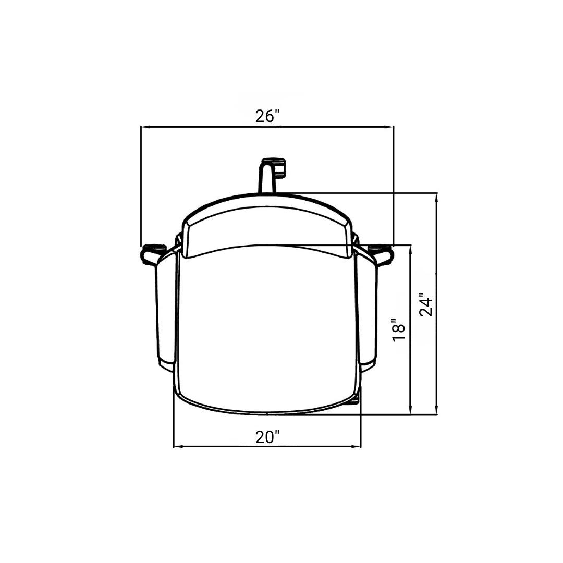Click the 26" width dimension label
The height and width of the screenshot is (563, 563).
[x=267, y=116]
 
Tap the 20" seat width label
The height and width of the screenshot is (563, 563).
[x=267, y=437]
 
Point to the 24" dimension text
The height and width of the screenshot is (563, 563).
[x=426, y=304]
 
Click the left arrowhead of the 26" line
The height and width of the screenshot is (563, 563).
[x=144, y=127]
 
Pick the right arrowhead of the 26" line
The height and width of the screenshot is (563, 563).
[x=390, y=127]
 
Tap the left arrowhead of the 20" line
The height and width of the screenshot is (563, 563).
[x=177, y=447]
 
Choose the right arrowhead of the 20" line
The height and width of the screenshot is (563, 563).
[x=358, y=447]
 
